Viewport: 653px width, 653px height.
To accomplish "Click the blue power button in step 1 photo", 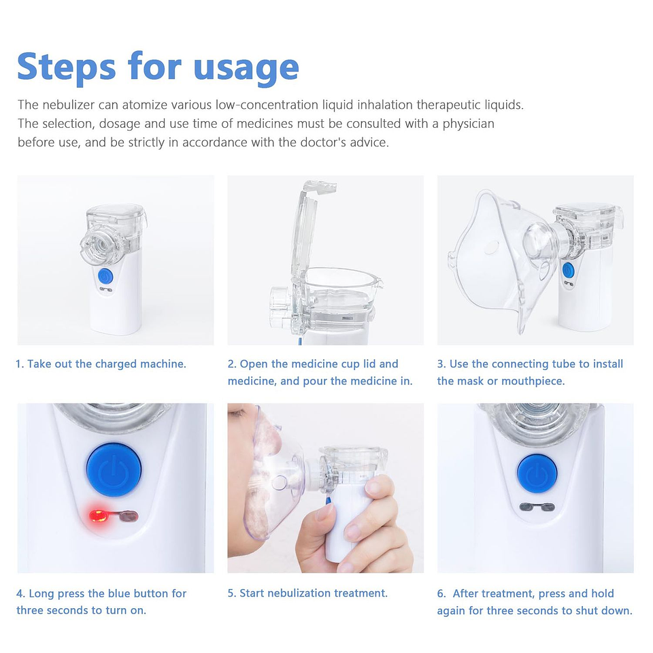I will pyautogui.click(x=105, y=275).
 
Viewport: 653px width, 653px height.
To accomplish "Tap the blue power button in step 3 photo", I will pyautogui.click(x=569, y=268).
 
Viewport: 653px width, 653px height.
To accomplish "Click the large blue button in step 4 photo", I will pyautogui.click(x=114, y=469).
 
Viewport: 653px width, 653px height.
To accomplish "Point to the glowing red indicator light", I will pyautogui.click(x=97, y=515).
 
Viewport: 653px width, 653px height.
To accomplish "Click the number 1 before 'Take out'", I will pyautogui.click(x=19, y=364).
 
